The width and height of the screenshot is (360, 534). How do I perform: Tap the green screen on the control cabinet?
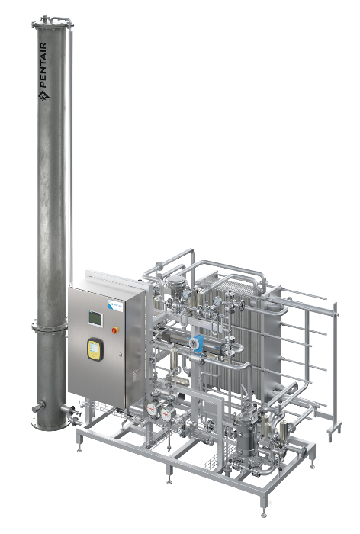[94, 316]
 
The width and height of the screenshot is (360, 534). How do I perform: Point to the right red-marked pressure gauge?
[166, 412]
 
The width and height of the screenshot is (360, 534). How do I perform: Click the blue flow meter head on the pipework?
[196, 342]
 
